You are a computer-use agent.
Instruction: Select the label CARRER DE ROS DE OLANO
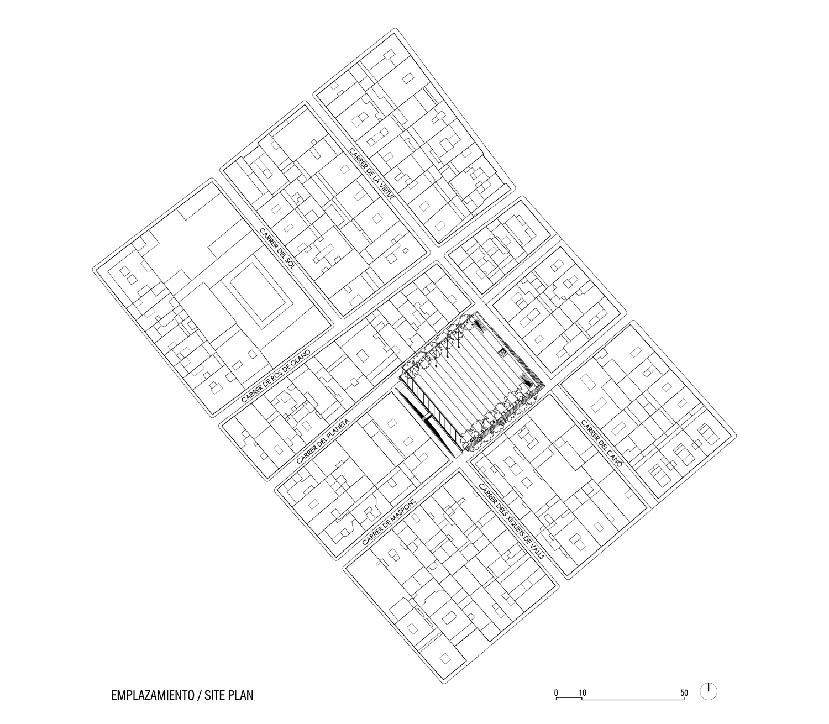coord(276,375)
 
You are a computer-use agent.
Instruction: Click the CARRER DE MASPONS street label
coord(389,521)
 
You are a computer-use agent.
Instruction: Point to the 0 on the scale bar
coord(557,693)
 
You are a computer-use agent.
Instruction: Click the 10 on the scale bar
coord(583,693)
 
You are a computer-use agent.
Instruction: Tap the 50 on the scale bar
coord(684,693)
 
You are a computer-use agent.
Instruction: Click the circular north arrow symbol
coord(709,691)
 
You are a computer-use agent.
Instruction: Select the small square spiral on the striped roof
coord(503,353)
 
